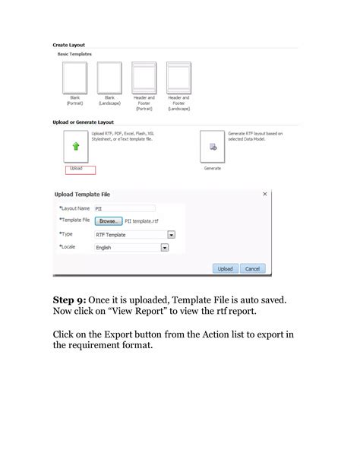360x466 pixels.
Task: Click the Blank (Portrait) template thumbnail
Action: [74, 78]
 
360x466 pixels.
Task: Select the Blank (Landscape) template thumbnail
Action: [109, 78]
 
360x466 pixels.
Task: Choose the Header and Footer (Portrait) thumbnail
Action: [144, 78]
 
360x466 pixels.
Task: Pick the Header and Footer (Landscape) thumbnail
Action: [179, 78]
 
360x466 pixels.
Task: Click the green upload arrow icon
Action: [75, 147]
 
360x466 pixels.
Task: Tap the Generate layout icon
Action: [213, 147]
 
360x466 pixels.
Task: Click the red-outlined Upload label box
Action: [80, 169]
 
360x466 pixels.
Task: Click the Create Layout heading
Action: [68, 45]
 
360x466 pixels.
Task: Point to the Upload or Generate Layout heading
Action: [83, 122]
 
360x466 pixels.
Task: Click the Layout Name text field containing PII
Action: [124, 208]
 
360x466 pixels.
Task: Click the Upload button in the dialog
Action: [225, 268]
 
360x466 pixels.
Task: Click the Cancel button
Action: [252, 268]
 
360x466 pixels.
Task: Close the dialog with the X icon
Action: [264, 195]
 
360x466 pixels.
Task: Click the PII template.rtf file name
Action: [142, 221]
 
